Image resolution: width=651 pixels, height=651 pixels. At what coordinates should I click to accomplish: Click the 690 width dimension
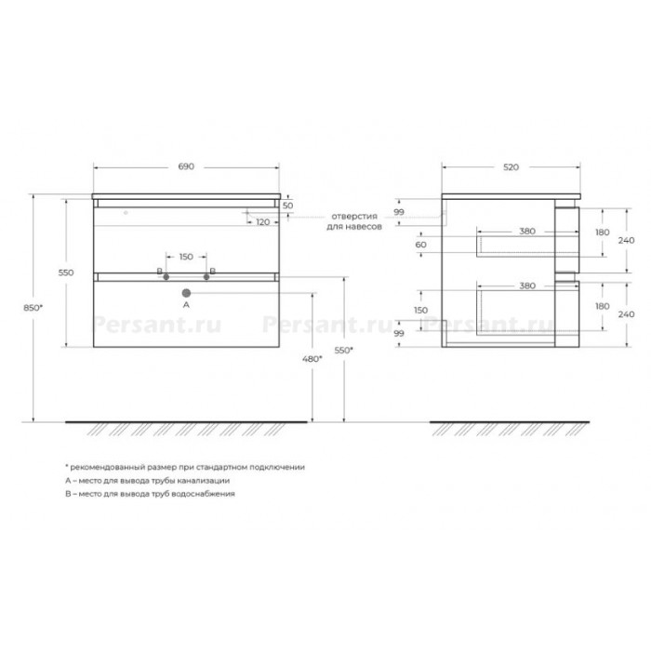[186, 166]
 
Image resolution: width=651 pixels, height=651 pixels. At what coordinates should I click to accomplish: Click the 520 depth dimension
[511, 166]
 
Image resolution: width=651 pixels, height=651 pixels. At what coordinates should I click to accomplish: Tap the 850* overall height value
[33, 308]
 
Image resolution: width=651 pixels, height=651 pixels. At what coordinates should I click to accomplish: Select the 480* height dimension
[312, 359]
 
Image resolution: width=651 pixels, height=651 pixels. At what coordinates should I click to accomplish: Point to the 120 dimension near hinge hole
[263, 222]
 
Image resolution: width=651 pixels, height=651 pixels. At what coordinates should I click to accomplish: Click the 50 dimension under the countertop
[287, 206]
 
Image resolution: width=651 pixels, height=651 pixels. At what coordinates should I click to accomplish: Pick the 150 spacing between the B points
[186, 257]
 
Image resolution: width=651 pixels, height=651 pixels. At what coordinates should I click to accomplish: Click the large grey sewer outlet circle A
[186, 293]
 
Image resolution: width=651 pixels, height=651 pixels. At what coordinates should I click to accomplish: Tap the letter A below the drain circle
[186, 305]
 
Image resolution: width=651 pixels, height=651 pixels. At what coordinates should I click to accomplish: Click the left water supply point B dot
[166, 277]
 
